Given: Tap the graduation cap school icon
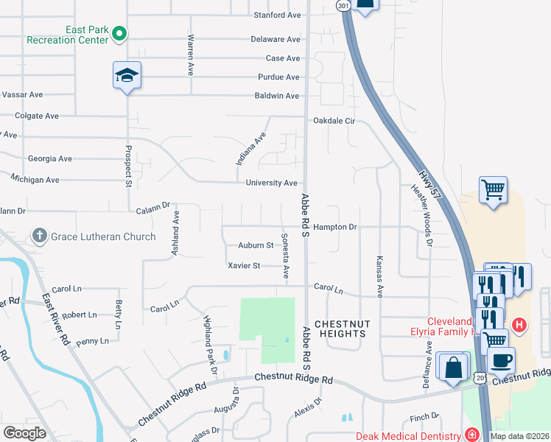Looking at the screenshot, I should pyautogui.click(x=127, y=74).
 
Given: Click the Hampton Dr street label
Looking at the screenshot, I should pyautogui.click(x=334, y=227).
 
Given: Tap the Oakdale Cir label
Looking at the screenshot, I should pyautogui.click(x=334, y=121).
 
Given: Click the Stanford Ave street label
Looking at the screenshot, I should pyautogui.click(x=277, y=15).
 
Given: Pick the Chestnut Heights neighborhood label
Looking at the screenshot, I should pyautogui.click(x=340, y=329).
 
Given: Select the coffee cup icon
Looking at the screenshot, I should pyautogui.click(x=501, y=361).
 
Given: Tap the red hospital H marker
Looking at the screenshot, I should pyautogui.click(x=519, y=324).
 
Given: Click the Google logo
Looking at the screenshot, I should pyautogui.click(x=25, y=433).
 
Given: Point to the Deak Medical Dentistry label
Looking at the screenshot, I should pyautogui.click(x=409, y=435).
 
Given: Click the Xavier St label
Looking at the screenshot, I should pyautogui.click(x=244, y=265).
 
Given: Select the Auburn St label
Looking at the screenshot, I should pyautogui.click(x=256, y=245).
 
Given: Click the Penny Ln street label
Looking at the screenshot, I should pyautogui.click(x=92, y=341).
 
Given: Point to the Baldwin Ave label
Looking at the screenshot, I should pyautogui.click(x=277, y=96).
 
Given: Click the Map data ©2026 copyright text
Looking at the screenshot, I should pyautogui.click(x=519, y=436).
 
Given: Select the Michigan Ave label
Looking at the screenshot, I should pyautogui.click(x=35, y=179).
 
